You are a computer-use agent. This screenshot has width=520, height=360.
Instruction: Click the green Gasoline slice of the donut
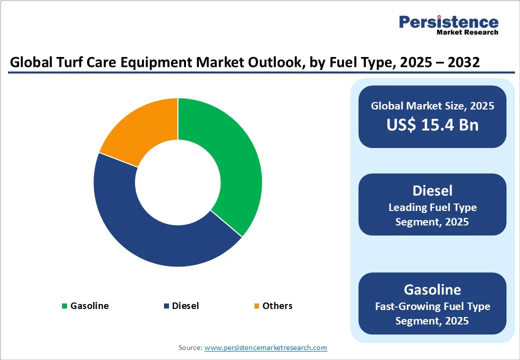(232, 160)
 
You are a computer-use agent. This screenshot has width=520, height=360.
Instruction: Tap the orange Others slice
(145, 130)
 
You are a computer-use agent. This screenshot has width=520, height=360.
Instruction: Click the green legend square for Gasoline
(64, 306)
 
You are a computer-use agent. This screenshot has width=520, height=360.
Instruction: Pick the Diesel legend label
(185, 306)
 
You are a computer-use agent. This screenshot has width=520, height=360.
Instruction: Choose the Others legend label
(277, 306)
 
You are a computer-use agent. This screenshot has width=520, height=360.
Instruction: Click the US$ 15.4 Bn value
(432, 125)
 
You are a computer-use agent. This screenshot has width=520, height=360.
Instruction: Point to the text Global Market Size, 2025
(432, 106)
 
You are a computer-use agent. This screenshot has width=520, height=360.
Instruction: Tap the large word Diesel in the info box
(432, 190)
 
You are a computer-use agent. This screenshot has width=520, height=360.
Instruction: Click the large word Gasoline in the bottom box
(432, 289)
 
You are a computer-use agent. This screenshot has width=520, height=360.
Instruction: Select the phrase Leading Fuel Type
(432, 207)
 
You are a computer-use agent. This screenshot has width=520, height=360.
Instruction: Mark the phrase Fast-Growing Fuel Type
(432, 306)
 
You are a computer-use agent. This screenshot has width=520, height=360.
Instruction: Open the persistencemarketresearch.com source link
(265, 347)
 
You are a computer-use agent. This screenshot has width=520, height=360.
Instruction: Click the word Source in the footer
(190, 347)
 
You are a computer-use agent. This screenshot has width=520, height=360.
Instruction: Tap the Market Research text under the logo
(467, 32)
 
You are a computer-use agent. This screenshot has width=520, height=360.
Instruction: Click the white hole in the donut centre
(177, 182)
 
